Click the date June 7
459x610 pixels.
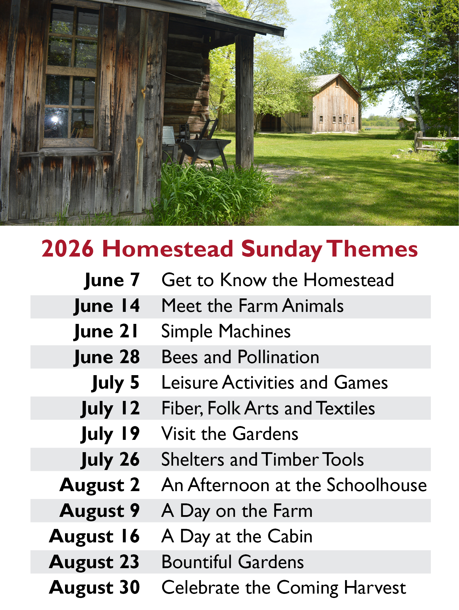point(112,281)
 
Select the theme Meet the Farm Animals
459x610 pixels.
point(252,306)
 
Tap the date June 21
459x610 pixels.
point(106,332)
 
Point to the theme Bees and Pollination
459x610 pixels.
point(240,357)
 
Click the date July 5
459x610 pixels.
point(115,383)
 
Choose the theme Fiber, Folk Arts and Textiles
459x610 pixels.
point(268,409)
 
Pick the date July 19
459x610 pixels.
point(110,434)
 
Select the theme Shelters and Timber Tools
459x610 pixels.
point(262,459)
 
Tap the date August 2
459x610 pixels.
point(100,486)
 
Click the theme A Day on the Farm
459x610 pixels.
point(237,511)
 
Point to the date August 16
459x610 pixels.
point(94,537)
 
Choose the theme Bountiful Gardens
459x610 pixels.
point(233,562)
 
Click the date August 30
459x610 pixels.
point(94,588)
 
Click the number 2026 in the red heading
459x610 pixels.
point(68,249)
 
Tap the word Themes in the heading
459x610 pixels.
point(372,249)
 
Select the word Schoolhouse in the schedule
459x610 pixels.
point(377,485)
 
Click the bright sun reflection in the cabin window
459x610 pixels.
point(55,119)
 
